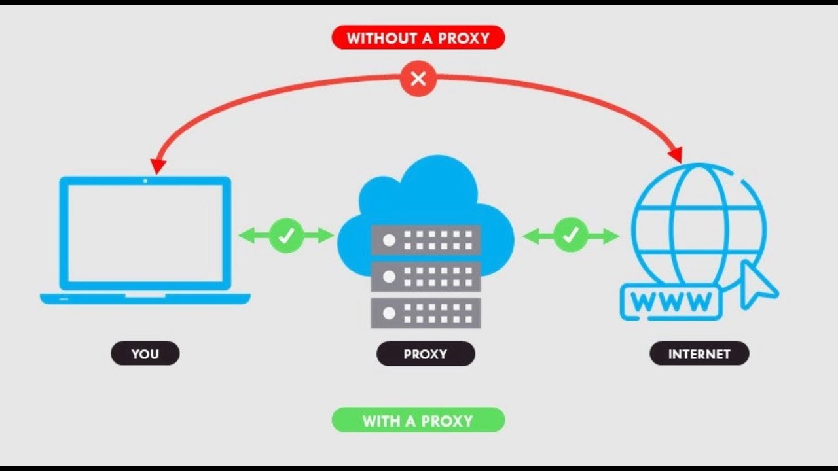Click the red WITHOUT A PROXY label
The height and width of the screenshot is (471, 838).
418,37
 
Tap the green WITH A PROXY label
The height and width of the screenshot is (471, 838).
418,420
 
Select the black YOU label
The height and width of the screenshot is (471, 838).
145,353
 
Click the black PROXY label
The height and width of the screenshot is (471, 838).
426,354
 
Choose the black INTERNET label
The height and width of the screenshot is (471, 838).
699,353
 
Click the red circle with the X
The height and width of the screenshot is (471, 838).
418,79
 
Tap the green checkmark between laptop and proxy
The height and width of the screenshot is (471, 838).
287,235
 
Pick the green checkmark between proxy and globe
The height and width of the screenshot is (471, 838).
570,235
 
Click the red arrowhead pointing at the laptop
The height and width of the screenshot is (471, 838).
158,166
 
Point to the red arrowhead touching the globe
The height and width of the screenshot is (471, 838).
676,154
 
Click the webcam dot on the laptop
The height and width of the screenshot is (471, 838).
145,181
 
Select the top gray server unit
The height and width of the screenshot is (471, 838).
426,240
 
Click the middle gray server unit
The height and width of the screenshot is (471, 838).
426,277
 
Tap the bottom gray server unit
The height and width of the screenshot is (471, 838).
426,313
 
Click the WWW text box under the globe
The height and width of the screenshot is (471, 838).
671,302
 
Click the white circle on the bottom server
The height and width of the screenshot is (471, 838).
389,313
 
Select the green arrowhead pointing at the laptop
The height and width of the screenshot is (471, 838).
247,235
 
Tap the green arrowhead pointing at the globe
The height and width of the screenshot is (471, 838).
611,236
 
